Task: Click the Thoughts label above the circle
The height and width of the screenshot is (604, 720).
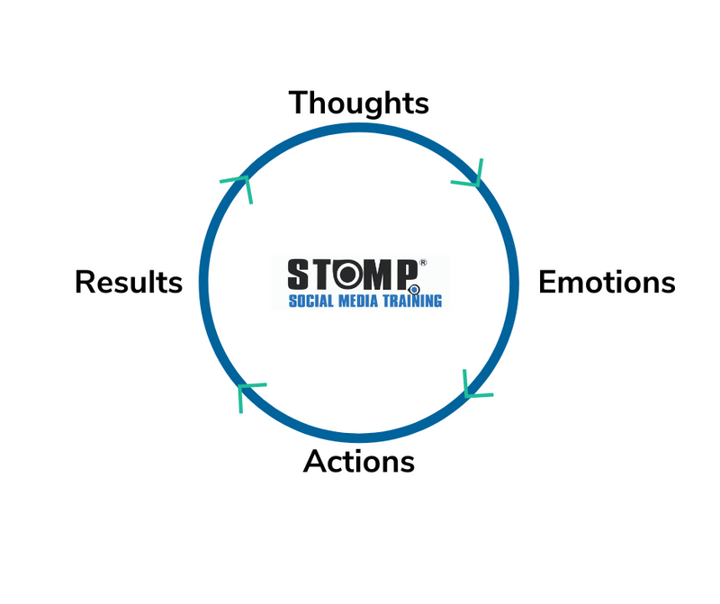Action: pyautogui.click(x=358, y=103)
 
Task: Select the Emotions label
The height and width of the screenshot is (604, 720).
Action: pyautogui.click(x=607, y=282)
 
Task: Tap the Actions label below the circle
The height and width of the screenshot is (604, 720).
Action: pyautogui.click(x=359, y=461)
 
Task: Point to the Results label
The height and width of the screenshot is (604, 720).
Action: pyautogui.click(x=129, y=282)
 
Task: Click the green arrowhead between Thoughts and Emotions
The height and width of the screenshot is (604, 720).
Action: pyautogui.click(x=470, y=176)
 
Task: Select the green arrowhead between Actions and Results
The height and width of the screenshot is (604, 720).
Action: pyautogui.click(x=247, y=392)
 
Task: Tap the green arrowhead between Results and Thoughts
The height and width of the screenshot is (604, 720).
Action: pyautogui.click(x=240, y=185)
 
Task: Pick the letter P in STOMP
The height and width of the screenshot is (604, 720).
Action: pyautogui.click(x=407, y=274)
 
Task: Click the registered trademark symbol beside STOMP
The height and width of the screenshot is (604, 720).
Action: pyautogui.click(x=423, y=264)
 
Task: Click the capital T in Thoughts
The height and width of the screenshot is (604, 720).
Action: pyautogui.click(x=299, y=103)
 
